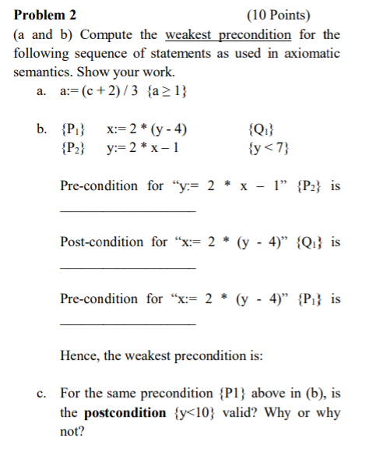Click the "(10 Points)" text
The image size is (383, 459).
click(277, 15)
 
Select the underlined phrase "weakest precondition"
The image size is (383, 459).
click(228, 34)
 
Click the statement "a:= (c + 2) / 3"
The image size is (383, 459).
click(95, 91)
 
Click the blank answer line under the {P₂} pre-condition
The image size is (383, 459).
click(128, 211)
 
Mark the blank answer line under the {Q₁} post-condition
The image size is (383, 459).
click(128, 267)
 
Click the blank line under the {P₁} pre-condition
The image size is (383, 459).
click(128, 323)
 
